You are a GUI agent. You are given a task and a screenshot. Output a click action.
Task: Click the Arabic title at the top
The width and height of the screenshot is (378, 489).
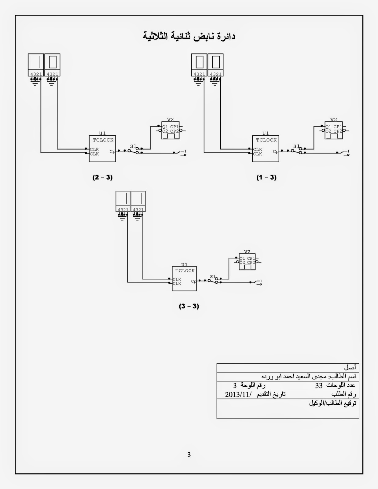pyautogui.click(x=189, y=36)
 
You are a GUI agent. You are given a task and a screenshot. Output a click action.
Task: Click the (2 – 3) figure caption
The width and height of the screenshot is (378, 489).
pyautogui.click(x=103, y=177)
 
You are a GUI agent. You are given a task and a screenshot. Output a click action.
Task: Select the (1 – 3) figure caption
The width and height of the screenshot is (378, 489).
pyautogui.click(x=266, y=177)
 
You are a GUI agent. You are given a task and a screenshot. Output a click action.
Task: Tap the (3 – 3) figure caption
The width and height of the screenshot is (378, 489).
pyautogui.click(x=189, y=306)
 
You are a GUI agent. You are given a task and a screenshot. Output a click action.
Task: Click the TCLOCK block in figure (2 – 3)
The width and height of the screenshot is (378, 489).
pyautogui.click(x=102, y=149)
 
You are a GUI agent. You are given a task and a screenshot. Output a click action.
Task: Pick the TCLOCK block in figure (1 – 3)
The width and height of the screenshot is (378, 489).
pyautogui.click(x=266, y=149)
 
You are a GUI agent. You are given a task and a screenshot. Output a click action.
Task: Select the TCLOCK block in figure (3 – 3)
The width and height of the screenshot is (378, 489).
pyautogui.click(x=184, y=278)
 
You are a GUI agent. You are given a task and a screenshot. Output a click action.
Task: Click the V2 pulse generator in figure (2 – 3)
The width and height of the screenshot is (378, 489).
pyautogui.click(x=171, y=130)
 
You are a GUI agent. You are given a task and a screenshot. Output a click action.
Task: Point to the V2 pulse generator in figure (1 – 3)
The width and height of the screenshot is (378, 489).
pyautogui.click(x=334, y=130)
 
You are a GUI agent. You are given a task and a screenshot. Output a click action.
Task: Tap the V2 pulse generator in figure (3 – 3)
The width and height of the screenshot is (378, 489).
pyautogui.click(x=247, y=262)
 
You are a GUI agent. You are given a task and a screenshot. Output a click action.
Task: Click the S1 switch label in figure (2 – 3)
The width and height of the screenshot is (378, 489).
pyautogui.click(x=133, y=146)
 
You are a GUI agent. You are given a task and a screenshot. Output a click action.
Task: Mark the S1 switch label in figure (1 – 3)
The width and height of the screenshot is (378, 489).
pyautogui.click(x=296, y=146)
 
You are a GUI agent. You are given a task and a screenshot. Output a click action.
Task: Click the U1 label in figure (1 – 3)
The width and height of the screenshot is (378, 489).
pyautogui.click(x=266, y=133)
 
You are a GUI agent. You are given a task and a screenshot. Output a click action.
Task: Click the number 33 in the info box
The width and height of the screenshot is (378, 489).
pyautogui.click(x=319, y=385)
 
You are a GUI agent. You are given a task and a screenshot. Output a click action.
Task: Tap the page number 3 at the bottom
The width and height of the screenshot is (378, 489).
pyautogui.click(x=189, y=454)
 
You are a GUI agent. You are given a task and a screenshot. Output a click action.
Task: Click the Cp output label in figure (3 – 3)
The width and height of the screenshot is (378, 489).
pyautogui.click(x=194, y=281)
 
